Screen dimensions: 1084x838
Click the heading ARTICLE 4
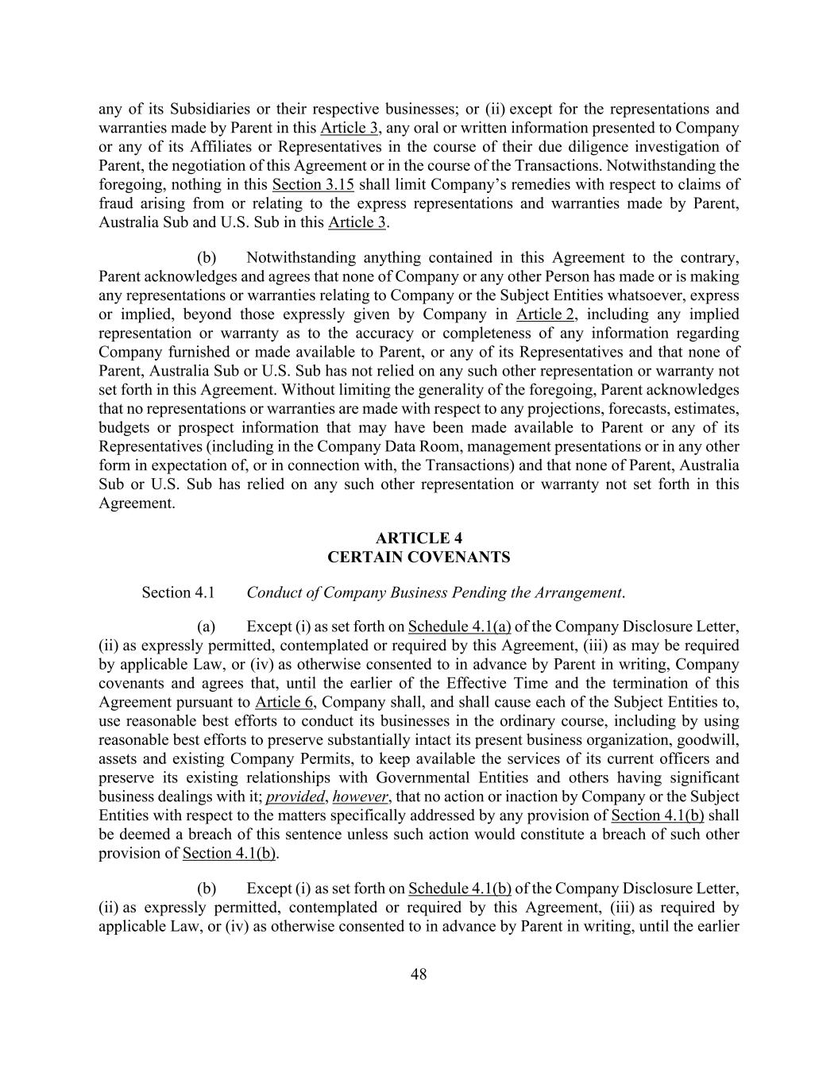419,538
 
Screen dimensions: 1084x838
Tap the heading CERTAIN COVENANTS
419,557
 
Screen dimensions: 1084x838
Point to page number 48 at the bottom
419,974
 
